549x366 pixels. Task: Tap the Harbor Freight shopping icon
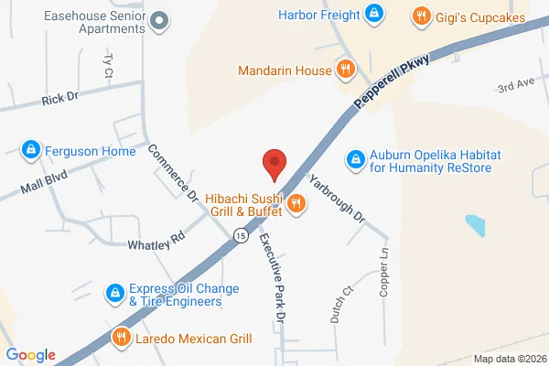(373, 14)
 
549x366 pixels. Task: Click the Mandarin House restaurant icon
(345, 68)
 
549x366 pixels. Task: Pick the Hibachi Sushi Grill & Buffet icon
(296, 204)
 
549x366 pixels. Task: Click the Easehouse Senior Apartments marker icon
(160, 20)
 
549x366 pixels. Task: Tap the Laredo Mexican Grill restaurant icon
(120, 338)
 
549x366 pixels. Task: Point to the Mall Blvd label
(46, 178)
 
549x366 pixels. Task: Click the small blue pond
(476, 225)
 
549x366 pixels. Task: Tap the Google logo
(31, 355)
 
